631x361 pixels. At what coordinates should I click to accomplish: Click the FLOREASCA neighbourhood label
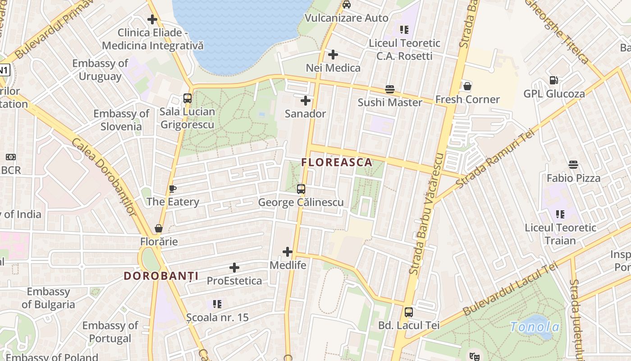click(337, 162)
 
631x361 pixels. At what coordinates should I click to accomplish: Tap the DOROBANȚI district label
click(161, 276)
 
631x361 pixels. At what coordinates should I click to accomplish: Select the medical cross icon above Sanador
click(306, 101)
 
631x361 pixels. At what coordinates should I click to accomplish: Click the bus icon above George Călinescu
click(301, 189)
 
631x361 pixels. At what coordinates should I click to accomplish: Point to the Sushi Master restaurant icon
click(390, 89)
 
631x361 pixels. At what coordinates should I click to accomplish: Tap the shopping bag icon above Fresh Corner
click(467, 86)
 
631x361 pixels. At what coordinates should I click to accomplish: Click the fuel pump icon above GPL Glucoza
click(554, 80)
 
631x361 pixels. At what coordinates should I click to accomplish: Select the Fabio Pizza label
click(573, 178)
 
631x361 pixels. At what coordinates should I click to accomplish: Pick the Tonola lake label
click(535, 327)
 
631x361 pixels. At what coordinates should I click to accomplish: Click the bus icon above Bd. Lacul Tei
click(409, 312)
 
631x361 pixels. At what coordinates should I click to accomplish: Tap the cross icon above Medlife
click(288, 252)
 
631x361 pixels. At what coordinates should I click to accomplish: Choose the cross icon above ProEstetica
click(234, 268)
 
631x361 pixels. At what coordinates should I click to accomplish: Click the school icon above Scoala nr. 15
click(217, 304)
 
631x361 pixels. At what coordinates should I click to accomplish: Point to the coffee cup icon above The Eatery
click(172, 189)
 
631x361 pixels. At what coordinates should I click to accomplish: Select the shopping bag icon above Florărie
click(159, 228)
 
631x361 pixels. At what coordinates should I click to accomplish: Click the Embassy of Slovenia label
click(121, 120)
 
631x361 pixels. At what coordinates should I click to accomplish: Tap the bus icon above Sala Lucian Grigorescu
click(187, 98)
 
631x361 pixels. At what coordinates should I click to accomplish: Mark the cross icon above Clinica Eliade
click(152, 19)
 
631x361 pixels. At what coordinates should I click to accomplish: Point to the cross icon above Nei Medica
click(333, 55)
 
